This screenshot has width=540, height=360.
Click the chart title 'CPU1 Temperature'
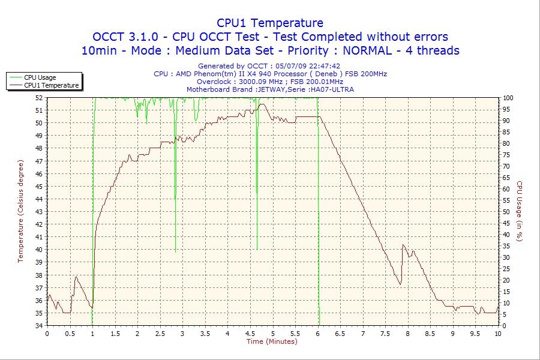tap(269, 23)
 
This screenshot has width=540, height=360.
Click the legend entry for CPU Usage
tap(40, 77)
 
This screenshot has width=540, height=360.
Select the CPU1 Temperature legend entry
tap(52, 85)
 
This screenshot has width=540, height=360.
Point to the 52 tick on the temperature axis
tap(39, 98)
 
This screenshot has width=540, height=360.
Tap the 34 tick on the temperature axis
tap(39, 326)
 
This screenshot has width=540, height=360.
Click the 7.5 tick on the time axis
tap(385, 334)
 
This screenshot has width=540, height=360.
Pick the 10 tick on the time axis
tap(497, 334)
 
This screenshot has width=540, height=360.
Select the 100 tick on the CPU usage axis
tap(508, 98)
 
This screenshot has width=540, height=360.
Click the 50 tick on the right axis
tap(506, 212)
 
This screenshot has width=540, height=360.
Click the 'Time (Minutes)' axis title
tap(272, 341)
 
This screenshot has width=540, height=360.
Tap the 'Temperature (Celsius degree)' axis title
tap(20, 211)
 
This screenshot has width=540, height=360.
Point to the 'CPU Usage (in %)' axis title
tap(520, 211)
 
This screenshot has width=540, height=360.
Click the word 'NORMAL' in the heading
tap(367, 50)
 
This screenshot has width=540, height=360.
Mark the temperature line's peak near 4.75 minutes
tap(262, 104)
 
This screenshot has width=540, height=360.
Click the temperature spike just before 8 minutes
tap(403, 245)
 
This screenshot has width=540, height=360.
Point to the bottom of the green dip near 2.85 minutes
tap(175, 252)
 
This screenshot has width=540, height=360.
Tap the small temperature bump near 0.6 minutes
tap(76, 277)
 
